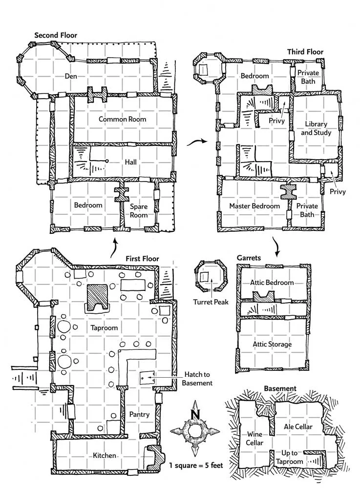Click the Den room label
tap(71, 76)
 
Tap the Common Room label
tap(123, 119)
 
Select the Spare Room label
tap(139, 211)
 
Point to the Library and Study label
tap(316, 128)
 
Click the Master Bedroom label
tap(254, 206)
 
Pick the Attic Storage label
tap(272, 344)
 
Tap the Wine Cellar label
tap(254, 438)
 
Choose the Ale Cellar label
tap(298, 427)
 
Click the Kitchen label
tap(105, 455)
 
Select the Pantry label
tap(139, 414)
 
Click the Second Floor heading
tap(55, 35)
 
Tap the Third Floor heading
tap(305, 52)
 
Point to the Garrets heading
tap(249, 258)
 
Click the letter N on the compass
tap(195, 414)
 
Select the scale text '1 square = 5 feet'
tap(196, 465)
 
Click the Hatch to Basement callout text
tap(197, 379)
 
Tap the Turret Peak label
tap(211, 302)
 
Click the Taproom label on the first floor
tap(104, 328)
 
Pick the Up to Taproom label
tap(290, 457)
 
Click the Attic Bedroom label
tap(272, 283)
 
